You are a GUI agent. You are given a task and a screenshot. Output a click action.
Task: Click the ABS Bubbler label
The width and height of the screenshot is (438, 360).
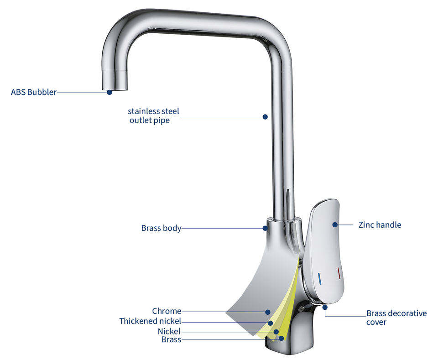point(33,92)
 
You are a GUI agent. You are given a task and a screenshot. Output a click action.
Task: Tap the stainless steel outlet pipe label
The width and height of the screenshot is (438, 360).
point(153,115)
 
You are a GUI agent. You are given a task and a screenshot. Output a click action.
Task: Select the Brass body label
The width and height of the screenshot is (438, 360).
point(161,228)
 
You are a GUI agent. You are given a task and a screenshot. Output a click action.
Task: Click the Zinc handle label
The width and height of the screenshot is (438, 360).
point(380,225)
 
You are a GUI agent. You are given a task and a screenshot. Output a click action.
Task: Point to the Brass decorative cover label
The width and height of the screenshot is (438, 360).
point(396,318)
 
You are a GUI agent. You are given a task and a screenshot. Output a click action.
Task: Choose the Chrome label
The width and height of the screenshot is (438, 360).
point(167,311)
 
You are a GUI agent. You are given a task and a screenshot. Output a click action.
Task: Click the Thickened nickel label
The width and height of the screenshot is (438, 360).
point(150,321)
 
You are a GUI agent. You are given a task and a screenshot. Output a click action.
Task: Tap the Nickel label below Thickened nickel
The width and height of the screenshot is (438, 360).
point(169,331)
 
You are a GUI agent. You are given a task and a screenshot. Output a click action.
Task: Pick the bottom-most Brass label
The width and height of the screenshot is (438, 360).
point(171,339)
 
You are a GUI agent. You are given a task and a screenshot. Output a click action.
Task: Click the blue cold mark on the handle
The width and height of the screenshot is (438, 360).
point(319,279)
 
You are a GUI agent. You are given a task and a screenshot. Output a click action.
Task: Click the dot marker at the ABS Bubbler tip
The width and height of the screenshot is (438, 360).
point(109,92)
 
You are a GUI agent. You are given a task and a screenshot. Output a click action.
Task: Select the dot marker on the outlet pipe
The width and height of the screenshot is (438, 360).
point(265,117)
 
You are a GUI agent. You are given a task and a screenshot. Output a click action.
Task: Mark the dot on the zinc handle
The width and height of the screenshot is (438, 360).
point(335,224)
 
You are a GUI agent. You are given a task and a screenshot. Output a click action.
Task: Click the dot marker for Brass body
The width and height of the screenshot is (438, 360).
point(265,228)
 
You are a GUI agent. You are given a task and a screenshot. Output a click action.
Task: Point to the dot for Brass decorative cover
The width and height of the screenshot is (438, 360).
point(325,308)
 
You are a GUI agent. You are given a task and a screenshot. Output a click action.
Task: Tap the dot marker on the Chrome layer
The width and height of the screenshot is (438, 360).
point(268,312)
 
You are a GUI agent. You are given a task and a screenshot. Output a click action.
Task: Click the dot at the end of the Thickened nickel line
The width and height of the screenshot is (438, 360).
point(270,323)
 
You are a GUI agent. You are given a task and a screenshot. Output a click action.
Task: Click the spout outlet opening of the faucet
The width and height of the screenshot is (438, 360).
point(115,89)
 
